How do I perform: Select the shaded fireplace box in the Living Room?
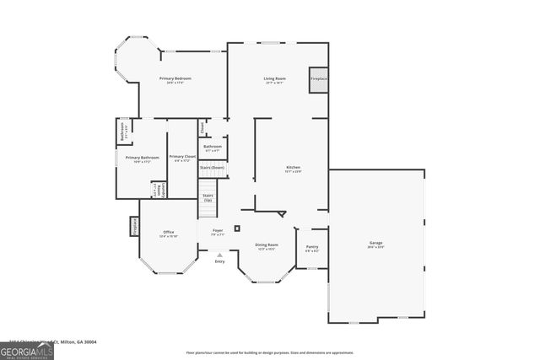318,79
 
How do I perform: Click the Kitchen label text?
293,169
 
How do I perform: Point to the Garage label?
375,243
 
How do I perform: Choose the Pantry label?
312,247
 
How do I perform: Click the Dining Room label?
267,245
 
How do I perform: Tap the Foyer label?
218,230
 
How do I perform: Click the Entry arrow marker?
219,255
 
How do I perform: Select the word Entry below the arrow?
219,261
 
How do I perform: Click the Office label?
169,233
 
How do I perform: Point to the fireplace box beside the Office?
133,226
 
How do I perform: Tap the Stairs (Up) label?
208,197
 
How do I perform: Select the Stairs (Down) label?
213,167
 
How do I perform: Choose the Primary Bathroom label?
143,158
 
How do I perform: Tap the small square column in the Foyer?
237,228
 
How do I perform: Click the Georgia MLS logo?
27,349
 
